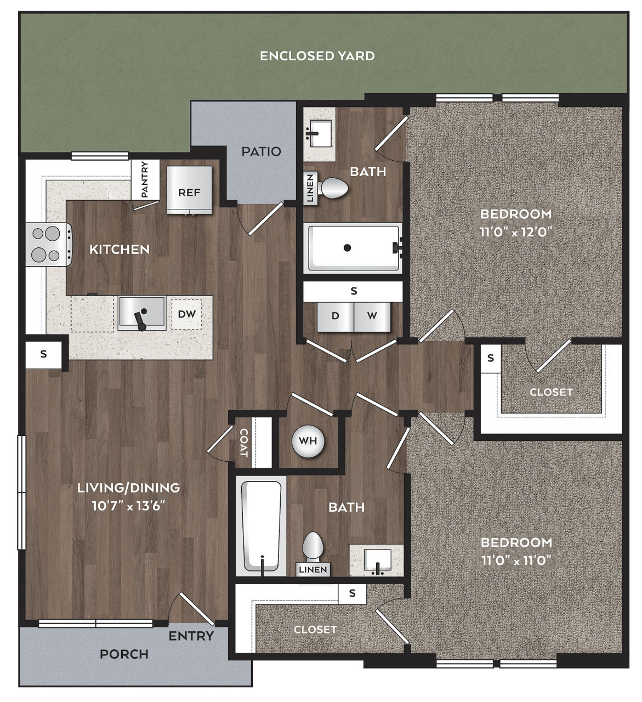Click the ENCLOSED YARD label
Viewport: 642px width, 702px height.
(x=317, y=56)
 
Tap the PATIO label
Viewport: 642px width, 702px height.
(x=261, y=151)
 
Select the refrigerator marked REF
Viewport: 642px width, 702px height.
(x=189, y=190)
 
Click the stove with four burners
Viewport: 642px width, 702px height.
(x=49, y=244)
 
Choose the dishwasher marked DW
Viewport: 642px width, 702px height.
(x=186, y=314)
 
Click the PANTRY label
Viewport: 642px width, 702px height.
(x=145, y=179)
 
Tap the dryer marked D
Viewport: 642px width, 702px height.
(x=335, y=316)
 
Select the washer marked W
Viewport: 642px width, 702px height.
(x=372, y=316)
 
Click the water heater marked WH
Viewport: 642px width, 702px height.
(x=308, y=441)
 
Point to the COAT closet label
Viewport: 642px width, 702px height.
(x=243, y=443)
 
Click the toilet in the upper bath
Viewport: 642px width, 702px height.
(x=334, y=188)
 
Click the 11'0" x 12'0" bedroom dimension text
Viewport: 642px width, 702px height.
(x=516, y=232)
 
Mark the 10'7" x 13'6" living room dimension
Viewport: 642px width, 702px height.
(x=128, y=506)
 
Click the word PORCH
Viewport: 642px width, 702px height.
(x=124, y=654)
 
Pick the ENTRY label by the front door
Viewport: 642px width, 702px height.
(x=191, y=636)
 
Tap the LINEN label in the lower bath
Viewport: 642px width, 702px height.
(x=313, y=570)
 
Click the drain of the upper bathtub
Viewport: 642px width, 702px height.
(x=347, y=248)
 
